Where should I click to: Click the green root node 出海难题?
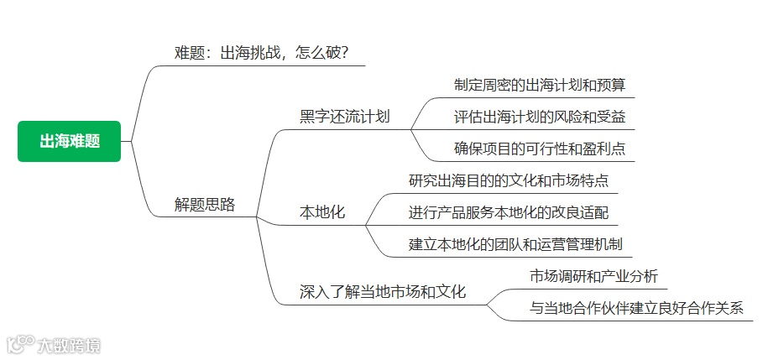click(x=70, y=141)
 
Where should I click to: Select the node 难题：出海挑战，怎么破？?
click(x=261, y=53)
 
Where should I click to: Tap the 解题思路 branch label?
click(x=204, y=204)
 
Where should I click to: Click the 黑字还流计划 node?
click(x=345, y=117)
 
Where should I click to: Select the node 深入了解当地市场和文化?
click(x=383, y=292)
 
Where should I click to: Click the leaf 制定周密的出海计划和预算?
click(x=539, y=85)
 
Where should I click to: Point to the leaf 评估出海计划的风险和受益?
click(x=539, y=117)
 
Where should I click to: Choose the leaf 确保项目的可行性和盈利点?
click(x=539, y=149)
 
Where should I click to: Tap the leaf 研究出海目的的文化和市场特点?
click(x=508, y=180)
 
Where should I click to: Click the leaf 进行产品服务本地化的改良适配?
click(x=508, y=212)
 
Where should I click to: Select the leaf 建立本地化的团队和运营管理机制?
click(x=515, y=244)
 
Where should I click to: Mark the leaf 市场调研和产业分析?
click(x=593, y=275)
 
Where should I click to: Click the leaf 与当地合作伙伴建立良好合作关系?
click(x=636, y=307)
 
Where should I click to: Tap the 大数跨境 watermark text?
click(x=69, y=344)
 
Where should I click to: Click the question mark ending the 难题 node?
click(x=343, y=53)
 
